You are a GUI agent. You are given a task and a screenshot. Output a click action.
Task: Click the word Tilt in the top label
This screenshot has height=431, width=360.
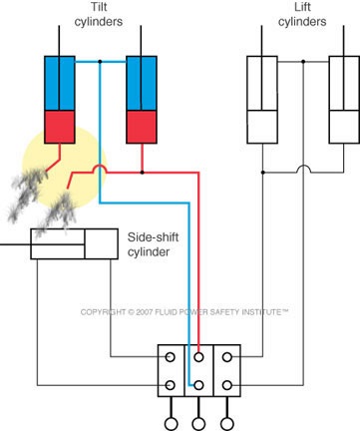(99, 7)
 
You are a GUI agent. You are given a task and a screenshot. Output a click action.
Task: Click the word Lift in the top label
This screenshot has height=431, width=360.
(302, 7)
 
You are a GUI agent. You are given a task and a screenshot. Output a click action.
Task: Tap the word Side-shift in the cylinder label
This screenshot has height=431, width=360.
(154, 237)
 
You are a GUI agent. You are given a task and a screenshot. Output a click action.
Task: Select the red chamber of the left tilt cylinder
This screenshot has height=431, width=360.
(60, 127)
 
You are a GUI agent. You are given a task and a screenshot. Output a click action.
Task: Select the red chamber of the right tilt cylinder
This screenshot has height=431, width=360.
(142, 127)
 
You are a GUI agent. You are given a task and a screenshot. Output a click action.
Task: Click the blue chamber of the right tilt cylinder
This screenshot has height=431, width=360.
(142, 83)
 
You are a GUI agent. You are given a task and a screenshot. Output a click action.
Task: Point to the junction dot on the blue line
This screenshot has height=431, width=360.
(100, 62)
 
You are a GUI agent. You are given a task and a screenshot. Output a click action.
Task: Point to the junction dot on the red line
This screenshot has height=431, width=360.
(142, 173)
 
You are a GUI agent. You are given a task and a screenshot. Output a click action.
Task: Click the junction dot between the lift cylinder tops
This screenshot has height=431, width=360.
(303, 62)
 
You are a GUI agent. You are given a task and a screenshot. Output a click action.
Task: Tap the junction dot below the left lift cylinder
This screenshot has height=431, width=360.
(262, 173)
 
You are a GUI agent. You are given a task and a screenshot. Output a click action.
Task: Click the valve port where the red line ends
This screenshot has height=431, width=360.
(198, 357)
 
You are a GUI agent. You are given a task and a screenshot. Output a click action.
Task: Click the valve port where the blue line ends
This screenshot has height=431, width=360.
(198, 385)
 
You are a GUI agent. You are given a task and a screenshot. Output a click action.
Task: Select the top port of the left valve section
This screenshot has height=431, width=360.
(171, 357)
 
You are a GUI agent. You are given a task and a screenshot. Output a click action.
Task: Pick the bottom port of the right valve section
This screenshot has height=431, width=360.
(227, 385)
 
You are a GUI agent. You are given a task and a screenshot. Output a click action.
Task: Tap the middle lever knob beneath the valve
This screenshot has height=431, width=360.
(198, 424)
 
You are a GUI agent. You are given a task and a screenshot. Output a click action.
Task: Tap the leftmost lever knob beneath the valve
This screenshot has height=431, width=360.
(172, 424)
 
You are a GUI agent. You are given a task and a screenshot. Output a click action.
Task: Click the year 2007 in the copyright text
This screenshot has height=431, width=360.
(144, 312)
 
